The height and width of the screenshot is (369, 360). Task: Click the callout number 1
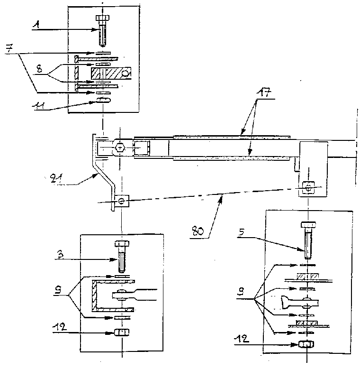coord(36,25)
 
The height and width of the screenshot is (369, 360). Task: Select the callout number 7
coord(9,49)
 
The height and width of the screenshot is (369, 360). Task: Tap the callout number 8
coord(39,69)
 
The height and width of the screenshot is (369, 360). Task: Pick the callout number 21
coord(56,179)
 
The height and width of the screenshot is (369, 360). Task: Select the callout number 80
coord(198,231)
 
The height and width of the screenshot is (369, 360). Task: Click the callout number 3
coord(60,255)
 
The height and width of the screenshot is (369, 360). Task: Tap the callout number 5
coord(241,232)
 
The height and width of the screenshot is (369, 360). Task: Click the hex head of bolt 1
coord(102,18)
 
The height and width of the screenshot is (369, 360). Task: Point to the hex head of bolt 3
coord(122,243)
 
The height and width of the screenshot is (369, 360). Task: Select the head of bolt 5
coord(308,225)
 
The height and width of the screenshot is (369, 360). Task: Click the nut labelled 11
coord(103,101)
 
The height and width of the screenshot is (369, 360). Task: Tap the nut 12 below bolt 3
coord(122,332)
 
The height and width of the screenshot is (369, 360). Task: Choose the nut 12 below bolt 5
coord(306,344)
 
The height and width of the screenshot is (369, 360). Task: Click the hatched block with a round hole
coord(110,73)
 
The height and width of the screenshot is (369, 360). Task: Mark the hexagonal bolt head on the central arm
coord(120,148)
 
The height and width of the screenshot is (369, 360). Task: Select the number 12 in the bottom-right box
coord(242,339)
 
